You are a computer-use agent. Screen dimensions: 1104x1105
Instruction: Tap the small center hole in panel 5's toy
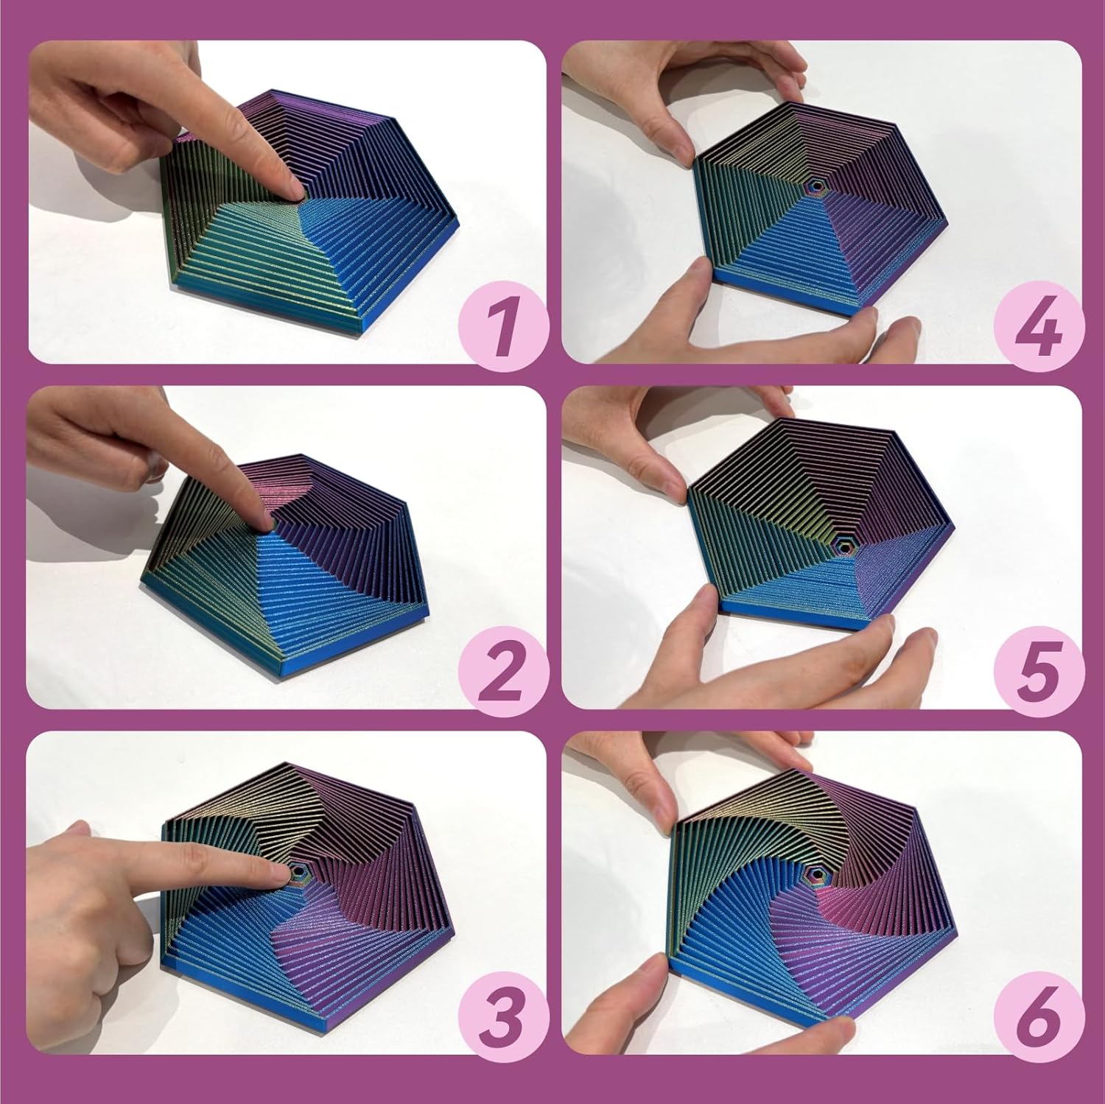(843, 546)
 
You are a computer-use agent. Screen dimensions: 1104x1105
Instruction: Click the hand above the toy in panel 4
(707, 81)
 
